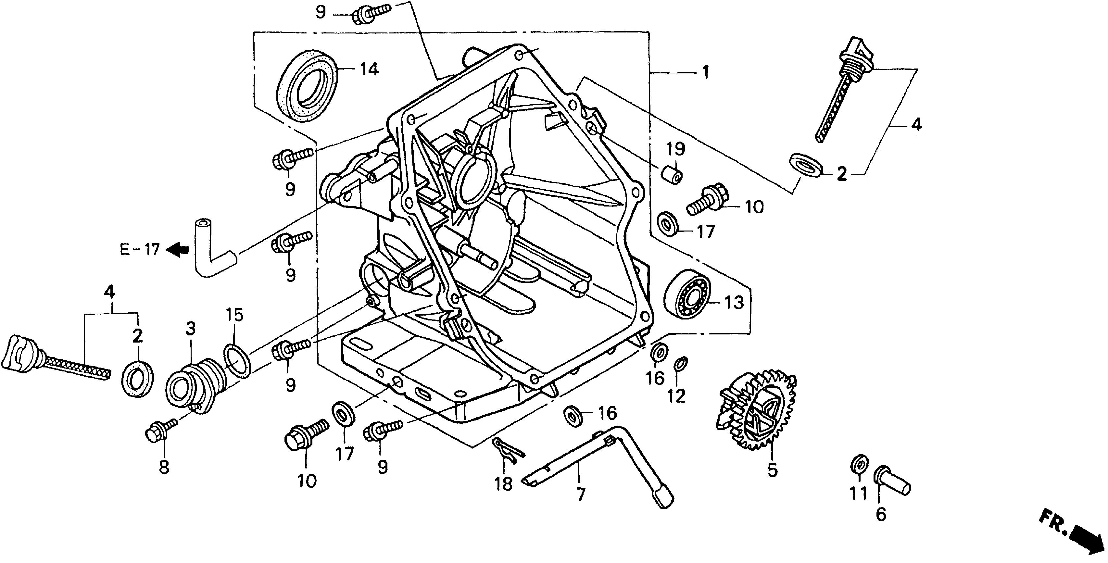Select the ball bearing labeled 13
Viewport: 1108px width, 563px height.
[x=686, y=294]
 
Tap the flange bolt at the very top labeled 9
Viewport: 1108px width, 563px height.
[x=371, y=12]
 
